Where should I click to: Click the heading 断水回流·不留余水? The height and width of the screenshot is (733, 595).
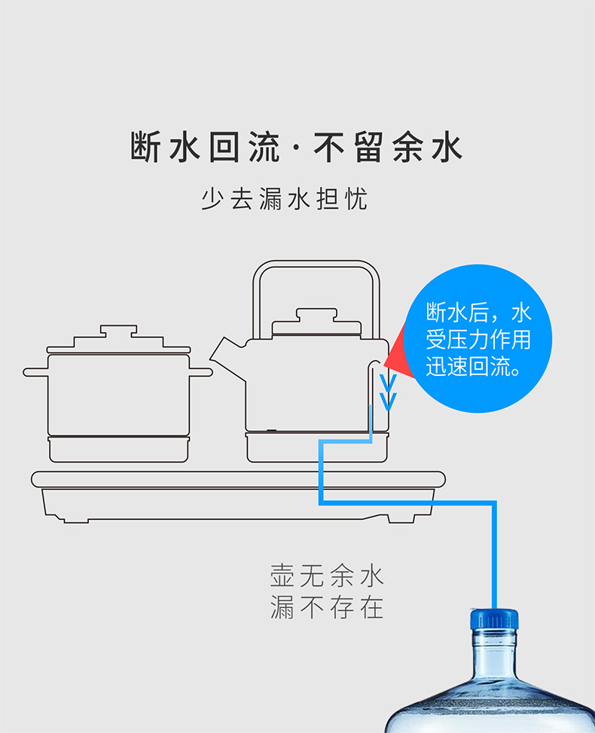point(296,147)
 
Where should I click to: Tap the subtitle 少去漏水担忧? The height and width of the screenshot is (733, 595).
point(285,200)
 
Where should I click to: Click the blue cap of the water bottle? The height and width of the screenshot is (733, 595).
point(494,620)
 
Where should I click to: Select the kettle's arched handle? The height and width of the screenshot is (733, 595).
point(316,271)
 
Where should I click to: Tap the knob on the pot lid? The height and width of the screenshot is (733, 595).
point(119,332)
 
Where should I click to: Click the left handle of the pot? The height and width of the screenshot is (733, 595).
point(35,371)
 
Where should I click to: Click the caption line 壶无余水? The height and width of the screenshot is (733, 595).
point(327,577)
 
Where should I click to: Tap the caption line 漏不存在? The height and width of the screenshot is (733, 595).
point(327,607)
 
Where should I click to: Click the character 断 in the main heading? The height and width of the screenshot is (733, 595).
point(145,147)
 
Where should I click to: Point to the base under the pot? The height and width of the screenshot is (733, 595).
point(119,449)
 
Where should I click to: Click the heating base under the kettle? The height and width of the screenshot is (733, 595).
point(316,449)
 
